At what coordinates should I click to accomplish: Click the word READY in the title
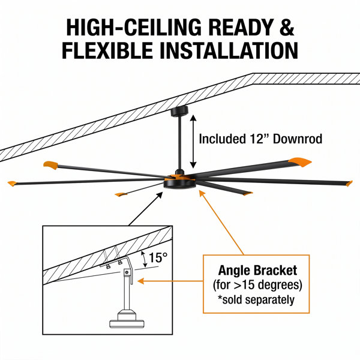click(241, 27)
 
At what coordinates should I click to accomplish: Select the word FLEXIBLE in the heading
click(107, 50)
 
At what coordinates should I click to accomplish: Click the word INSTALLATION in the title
click(229, 50)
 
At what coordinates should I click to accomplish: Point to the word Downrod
click(298, 139)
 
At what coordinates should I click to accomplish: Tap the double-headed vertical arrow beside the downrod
click(193, 142)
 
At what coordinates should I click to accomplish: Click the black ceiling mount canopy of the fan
click(179, 111)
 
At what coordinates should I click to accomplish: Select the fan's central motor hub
click(180, 182)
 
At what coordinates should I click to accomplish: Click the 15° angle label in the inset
click(158, 257)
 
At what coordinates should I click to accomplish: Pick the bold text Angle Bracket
click(257, 270)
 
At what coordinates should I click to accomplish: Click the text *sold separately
click(256, 299)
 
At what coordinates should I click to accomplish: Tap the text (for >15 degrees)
click(257, 285)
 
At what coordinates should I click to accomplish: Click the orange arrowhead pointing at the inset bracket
click(140, 281)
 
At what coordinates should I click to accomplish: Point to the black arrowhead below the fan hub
click(160, 195)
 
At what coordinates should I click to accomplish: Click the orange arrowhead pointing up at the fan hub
click(202, 194)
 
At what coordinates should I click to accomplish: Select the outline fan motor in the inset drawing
click(127, 319)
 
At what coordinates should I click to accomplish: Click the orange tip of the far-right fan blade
click(349, 184)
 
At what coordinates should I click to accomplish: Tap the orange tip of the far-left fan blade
click(12, 184)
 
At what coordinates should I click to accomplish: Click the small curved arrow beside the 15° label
click(145, 259)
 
